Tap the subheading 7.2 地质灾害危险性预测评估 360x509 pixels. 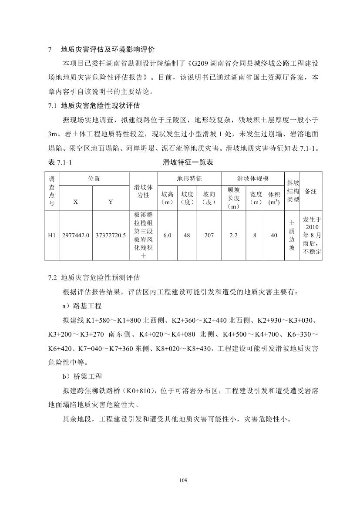[x=94, y=277]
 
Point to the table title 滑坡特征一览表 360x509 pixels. [x=188, y=162]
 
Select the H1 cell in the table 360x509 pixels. [x=52, y=235]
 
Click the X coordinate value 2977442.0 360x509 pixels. [x=76, y=235]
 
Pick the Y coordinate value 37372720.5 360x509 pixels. [x=111, y=235]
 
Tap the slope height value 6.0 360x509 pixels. [x=167, y=235]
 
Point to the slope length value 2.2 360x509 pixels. [x=233, y=235]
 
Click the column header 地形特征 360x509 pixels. [x=189, y=179]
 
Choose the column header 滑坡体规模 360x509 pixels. [x=252, y=179]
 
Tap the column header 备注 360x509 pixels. [x=311, y=191]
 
